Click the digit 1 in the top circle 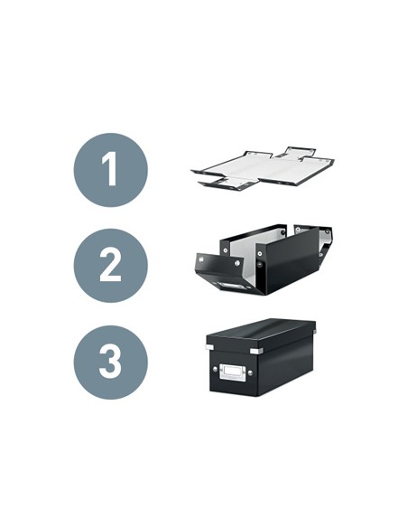tap(111, 169)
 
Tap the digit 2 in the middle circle tap(110, 265)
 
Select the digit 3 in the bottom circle tap(110, 362)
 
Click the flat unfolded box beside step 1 tap(263, 167)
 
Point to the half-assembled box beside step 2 tap(264, 259)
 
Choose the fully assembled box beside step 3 tap(261, 357)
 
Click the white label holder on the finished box tap(233, 372)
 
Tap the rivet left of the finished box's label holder tap(215, 370)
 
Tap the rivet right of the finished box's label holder tap(250, 372)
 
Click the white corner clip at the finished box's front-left tap(209, 347)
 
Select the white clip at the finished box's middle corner tap(256, 351)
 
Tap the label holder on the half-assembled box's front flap tap(232, 287)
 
